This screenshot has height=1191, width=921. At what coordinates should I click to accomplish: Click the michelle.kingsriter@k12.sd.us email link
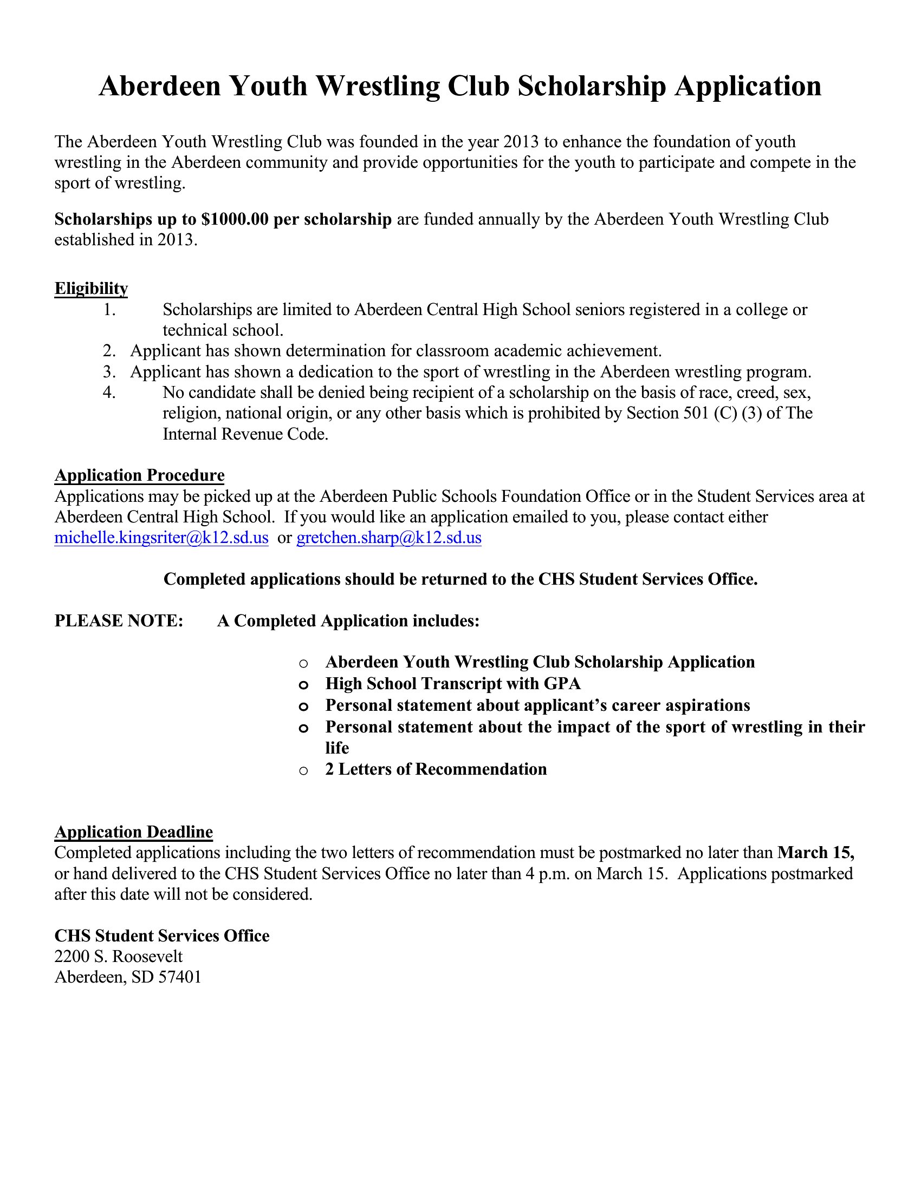[161, 538]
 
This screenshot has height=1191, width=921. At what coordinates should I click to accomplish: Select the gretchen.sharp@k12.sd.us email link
[388, 538]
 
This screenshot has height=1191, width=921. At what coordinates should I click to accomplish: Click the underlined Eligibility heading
[91, 289]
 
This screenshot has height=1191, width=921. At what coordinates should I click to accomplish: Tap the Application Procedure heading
[139, 475]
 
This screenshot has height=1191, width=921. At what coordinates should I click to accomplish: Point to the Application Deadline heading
[134, 832]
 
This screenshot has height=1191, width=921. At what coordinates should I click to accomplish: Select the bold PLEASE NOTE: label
[119, 620]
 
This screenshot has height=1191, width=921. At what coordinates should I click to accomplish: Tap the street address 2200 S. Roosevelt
[119, 956]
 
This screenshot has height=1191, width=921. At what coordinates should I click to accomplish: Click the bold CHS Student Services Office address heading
[162, 936]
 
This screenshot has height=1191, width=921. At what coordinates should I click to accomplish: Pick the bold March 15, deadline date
[816, 852]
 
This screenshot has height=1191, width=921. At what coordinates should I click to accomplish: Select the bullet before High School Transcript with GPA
[304, 685]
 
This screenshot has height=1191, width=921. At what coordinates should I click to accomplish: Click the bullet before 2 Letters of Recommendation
[304, 770]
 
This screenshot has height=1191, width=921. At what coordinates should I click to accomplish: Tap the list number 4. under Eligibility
[109, 392]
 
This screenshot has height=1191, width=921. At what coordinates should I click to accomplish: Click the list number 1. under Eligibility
[109, 310]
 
